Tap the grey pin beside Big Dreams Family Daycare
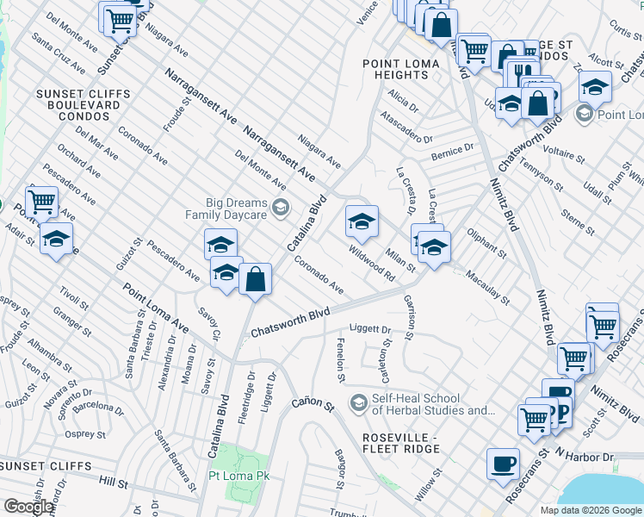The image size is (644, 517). tap(281, 208)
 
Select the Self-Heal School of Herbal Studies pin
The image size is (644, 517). tap(357, 402)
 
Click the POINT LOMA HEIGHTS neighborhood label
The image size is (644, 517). tap(407, 70)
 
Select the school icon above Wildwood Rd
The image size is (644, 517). tap(362, 222)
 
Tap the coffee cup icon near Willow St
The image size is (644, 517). tap(503, 464)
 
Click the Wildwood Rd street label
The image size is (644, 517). tap(371, 265)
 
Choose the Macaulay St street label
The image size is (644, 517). tap(487, 289)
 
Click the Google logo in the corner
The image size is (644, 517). tap(28, 507)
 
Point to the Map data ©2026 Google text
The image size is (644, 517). tap(591, 510)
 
